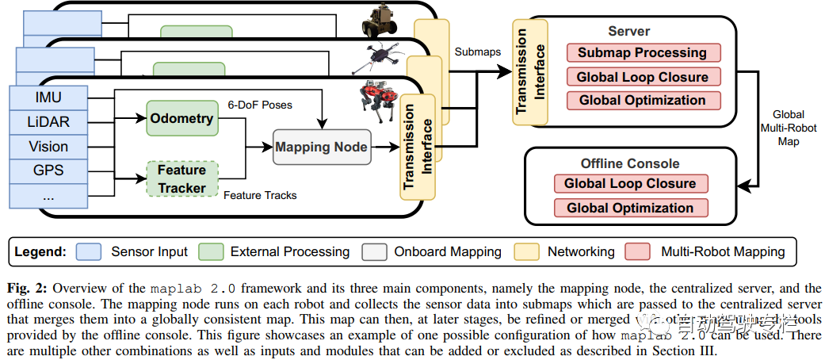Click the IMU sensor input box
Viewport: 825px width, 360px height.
tap(48, 98)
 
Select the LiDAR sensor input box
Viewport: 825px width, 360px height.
tap(48, 121)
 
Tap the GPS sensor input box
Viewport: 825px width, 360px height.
tap(48, 170)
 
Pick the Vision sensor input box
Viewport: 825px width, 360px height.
tap(48, 146)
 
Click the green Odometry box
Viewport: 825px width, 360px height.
tap(181, 118)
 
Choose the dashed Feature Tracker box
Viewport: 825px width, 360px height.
tap(181, 178)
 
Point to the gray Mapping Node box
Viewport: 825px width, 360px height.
tap(321, 147)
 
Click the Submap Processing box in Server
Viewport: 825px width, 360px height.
tap(642, 53)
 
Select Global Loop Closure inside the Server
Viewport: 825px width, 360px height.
tap(642, 77)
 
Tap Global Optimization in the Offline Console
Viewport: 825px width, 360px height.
tap(629, 208)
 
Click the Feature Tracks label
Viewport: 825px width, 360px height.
tap(260, 195)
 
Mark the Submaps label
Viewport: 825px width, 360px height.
tap(476, 51)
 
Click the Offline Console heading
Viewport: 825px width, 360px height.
tap(630, 163)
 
